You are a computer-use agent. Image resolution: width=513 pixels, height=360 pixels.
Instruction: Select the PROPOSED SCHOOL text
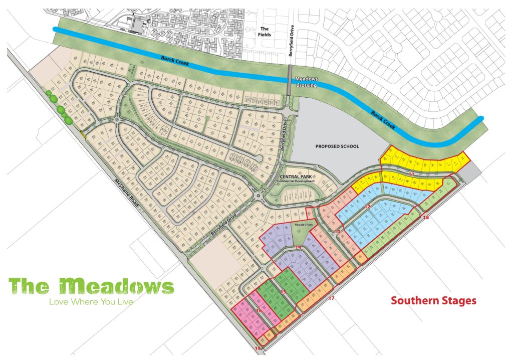(x=337, y=146)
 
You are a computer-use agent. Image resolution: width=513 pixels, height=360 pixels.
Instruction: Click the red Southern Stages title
(x=433, y=301)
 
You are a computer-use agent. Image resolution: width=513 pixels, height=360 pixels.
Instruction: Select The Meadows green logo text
(x=92, y=286)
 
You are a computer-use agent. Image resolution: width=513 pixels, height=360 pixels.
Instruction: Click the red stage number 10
(x=338, y=231)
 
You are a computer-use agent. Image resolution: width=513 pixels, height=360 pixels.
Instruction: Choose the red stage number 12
(x=367, y=207)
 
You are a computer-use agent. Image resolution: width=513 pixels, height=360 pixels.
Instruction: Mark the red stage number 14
(x=298, y=248)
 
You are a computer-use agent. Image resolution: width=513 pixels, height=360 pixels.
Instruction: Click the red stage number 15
(x=283, y=291)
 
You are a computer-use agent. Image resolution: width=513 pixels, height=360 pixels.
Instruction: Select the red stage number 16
(x=259, y=311)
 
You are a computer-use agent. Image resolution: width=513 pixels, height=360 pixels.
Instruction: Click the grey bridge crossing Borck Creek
(x=290, y=79)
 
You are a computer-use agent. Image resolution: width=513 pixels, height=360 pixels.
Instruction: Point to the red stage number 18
(x=426, y=218)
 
